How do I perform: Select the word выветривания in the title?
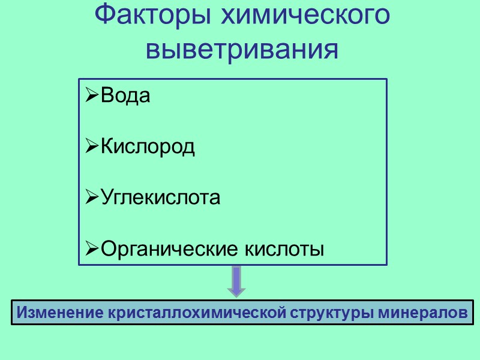point(242,49)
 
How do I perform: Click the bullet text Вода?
point(125,96)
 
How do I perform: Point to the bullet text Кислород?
point(148,146)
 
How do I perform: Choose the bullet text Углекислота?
point(161,197)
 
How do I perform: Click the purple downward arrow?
point(236,281)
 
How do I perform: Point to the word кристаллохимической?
point(197,313)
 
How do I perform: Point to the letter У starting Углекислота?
point(106,197)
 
